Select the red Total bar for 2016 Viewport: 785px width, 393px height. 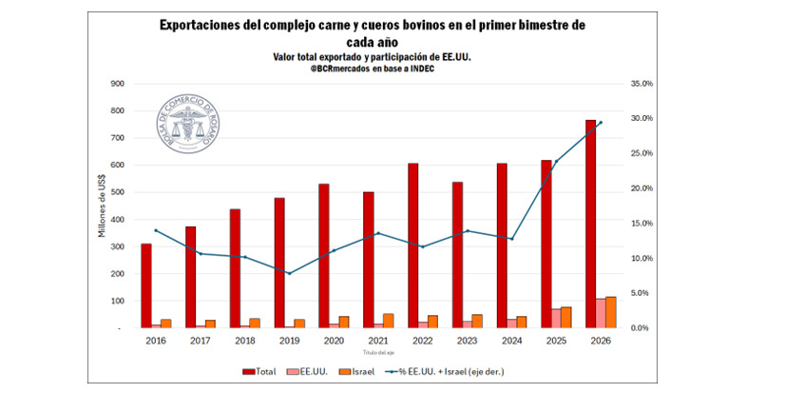pos(146,285)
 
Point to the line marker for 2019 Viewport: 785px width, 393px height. pos(290,273)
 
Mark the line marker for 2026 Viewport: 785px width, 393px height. pos(600,122)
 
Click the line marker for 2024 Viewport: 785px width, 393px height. pos(511,239)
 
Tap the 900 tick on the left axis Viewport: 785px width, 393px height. pos(119,84)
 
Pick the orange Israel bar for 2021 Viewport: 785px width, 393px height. pos(389,321)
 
